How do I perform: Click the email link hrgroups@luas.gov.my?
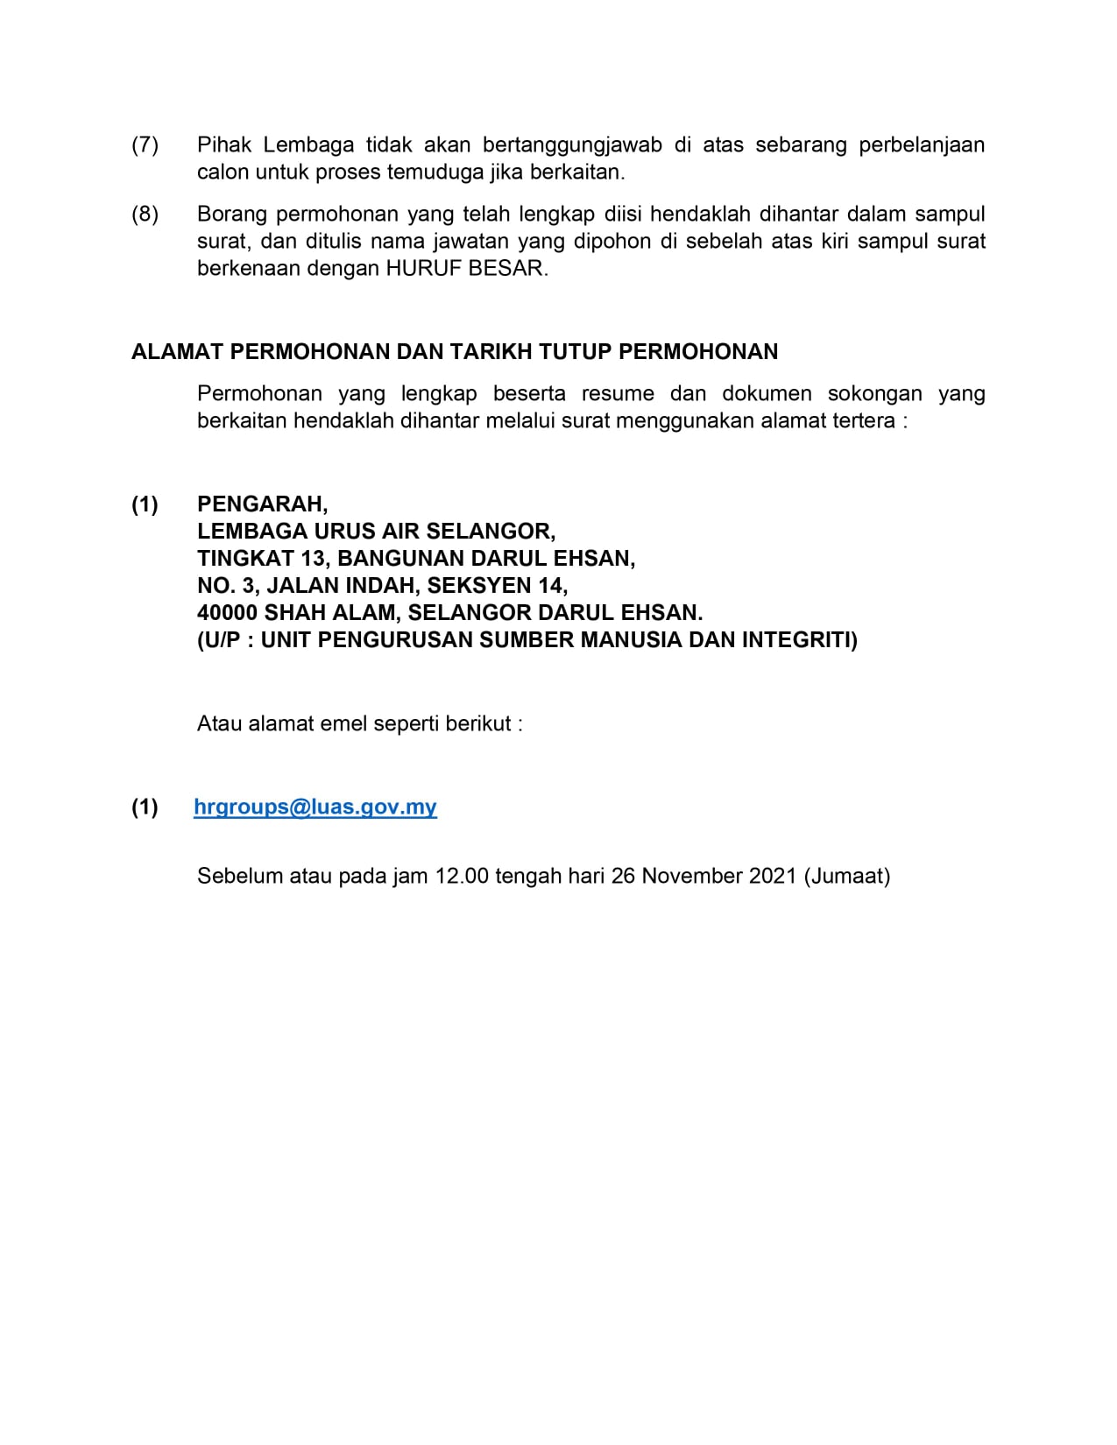tap(315, 807)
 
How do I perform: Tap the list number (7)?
tap(145, 144)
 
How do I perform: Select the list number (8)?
tap(145, 214)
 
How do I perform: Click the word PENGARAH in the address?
tap(262, 504)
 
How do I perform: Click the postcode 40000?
tap(228, 612)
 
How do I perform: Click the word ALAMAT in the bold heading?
tap(177, 352)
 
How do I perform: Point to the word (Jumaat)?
tap(846, 876)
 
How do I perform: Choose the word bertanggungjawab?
tap(572, 144)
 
